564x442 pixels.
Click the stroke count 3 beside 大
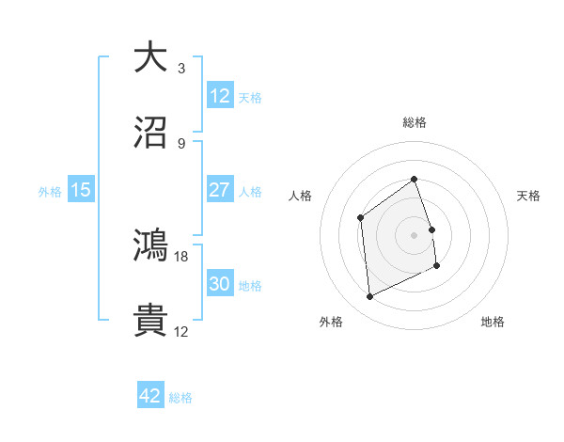(x=181, y=69)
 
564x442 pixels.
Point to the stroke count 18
(x=181, y=256)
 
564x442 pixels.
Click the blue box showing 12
(x=220, y=96)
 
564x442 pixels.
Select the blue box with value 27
(x=220, y=190)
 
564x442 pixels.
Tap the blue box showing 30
(x=220, y=284)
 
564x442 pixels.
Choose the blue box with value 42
(x=150, y=397)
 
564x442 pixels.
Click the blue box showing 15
(x=81, y=190)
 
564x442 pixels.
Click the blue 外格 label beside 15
(x=50, y=191)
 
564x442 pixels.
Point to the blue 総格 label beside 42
(x=180, y=398)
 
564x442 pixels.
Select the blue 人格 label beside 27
(x=250, y=191)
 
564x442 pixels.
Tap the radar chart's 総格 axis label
(x=415, y=122)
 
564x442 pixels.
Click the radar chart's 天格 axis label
(x=528, y=196)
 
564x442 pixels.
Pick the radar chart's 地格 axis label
(x=493, y=322)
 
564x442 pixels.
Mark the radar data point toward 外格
(x=369, y=297)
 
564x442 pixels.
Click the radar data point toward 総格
(x=415, y=178)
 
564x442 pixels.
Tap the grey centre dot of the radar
(x=415, y=235)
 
